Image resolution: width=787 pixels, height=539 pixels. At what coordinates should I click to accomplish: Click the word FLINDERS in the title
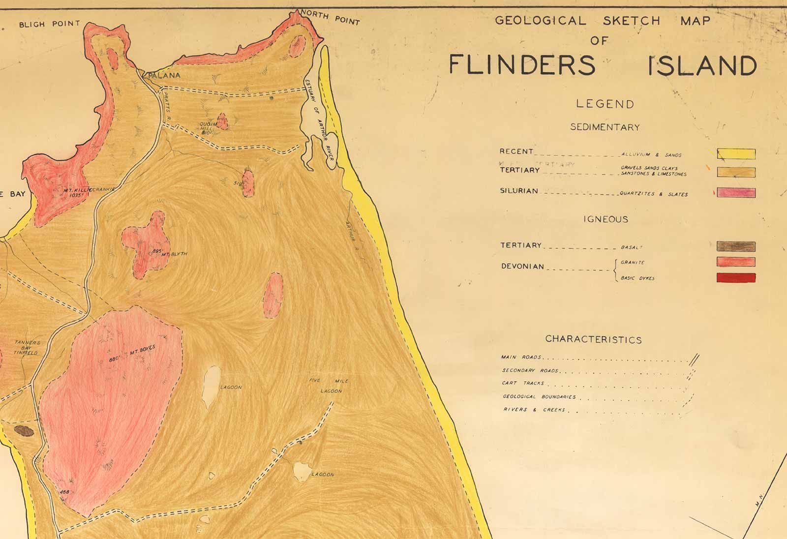[522, 65]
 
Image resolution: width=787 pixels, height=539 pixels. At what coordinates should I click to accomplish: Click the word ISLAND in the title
[702, 66]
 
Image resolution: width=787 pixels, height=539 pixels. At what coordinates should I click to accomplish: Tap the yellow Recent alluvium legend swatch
[736, 154]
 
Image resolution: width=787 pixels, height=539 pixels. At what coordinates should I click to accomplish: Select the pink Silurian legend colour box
[736, 192]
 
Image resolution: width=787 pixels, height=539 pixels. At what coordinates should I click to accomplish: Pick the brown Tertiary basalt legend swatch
[736, 246]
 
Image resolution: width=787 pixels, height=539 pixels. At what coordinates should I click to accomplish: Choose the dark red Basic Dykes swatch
[736, 278]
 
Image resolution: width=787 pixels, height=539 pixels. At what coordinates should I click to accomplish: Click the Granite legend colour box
[736, 262]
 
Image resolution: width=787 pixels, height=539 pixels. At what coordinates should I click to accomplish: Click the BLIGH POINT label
[49, 24]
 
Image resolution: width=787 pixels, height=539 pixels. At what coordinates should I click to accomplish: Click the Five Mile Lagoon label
[330, 386]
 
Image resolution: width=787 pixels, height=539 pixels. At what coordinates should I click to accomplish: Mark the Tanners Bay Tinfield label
[27, 347]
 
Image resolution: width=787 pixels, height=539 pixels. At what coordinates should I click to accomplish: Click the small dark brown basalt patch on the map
[24, 432]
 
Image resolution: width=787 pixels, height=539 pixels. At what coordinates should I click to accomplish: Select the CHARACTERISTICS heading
[593, 339]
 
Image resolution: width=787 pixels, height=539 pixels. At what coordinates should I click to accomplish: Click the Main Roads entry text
[521, 358]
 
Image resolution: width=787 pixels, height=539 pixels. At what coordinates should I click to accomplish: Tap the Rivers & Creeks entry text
[534, 410]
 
